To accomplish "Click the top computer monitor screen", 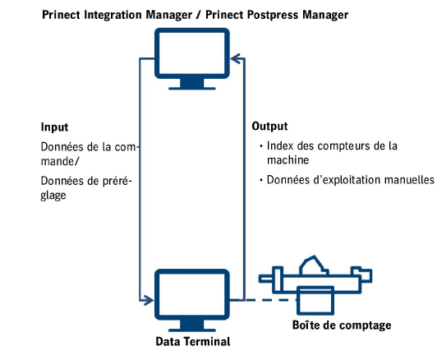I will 192,52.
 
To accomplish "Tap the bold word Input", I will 54,127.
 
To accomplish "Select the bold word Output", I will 269,127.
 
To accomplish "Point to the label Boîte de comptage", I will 342,326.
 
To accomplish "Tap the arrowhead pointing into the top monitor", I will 235,58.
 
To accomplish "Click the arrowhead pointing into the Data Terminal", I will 149,299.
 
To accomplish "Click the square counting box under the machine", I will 317,299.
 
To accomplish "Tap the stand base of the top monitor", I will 192,85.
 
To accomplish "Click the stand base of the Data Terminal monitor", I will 192,327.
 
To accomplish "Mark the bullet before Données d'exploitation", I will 260,179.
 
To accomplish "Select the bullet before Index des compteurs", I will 260,146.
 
